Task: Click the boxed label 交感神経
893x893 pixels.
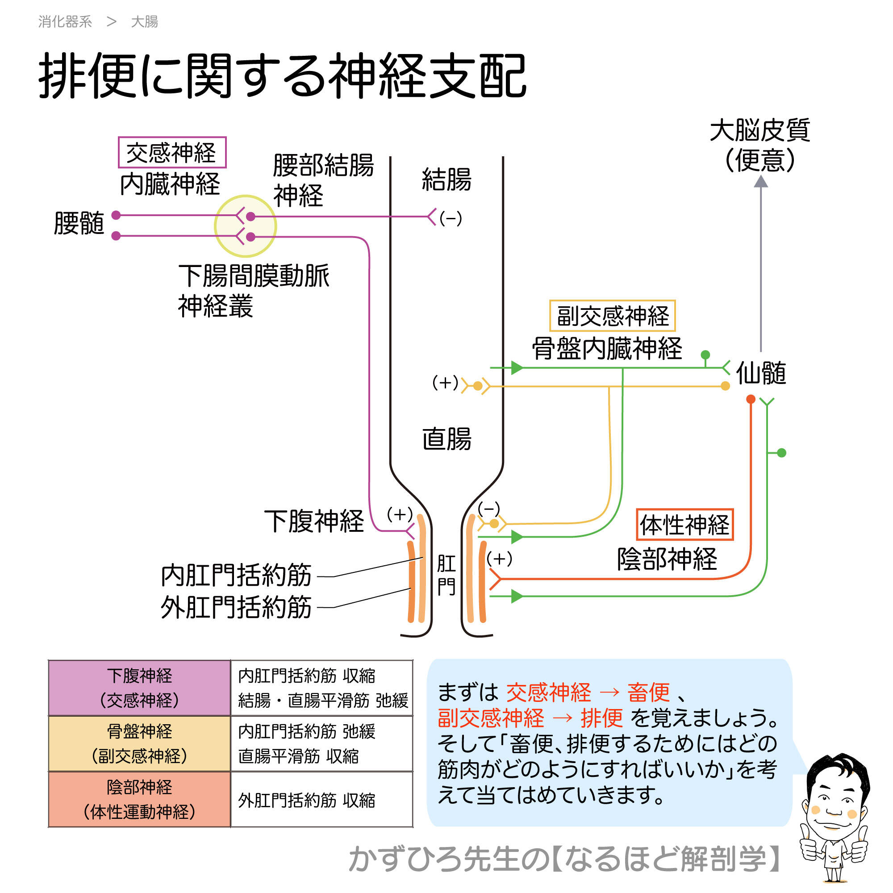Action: tap(172, 153)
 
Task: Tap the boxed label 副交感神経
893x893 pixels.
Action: tap(613, 316)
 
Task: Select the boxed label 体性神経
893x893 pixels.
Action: tap(684, 525)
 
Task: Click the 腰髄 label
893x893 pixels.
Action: tap(79, 224)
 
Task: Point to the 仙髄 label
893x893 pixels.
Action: tap(761, 373)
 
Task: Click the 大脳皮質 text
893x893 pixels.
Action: tap(760, 130)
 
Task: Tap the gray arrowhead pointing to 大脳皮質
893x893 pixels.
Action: tap(761, 182)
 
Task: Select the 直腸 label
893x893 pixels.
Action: tap(446, 439)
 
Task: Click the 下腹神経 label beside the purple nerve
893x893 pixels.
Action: tap(314, 522)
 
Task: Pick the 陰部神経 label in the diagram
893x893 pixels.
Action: tap(667, 559)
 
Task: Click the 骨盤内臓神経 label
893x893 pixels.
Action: tap(607, 349)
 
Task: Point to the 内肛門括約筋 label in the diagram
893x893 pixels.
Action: tap(236, 576)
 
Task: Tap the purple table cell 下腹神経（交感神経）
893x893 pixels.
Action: tap(140, 688)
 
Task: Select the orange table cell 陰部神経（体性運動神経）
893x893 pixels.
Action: tap(140, 799)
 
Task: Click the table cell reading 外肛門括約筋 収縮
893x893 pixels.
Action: tap(307, 801)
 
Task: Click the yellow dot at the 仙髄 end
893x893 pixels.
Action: tap(725, 386)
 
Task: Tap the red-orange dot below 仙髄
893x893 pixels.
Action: tap(751, 399)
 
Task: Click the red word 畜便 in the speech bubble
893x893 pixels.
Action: tap(648, 693)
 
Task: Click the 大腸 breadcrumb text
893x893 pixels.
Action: tap(144, 22)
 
